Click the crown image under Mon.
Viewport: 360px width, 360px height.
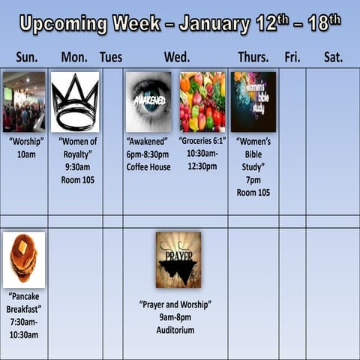click(75, 102)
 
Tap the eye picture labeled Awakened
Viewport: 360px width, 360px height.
click(148, 102)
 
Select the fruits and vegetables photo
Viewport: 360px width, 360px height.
click(202, 102)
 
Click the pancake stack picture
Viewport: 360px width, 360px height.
click(24, 259)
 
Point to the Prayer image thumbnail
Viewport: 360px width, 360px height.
click(178, 259)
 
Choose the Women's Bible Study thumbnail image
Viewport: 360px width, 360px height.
click(253, 102)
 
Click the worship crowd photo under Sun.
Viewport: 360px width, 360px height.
click(24, 102)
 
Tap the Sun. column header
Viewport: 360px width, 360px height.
click(27, 57)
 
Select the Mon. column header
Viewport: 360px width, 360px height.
click(74, 57)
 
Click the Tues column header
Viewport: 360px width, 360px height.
click(111, 57)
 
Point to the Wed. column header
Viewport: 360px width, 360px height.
click(177, 57)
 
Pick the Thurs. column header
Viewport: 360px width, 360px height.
click(253, 57)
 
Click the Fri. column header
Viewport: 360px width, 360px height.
click(292, 57)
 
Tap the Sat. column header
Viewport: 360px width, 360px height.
click(334, 57)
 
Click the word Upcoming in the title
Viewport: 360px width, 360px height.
click(64, 24)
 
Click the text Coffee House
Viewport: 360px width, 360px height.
click(148, 167)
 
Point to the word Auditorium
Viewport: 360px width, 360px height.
click(175, 330)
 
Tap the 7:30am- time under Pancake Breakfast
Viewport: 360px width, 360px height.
click(25, 322)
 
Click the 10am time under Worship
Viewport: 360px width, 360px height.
click(25, 154)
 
